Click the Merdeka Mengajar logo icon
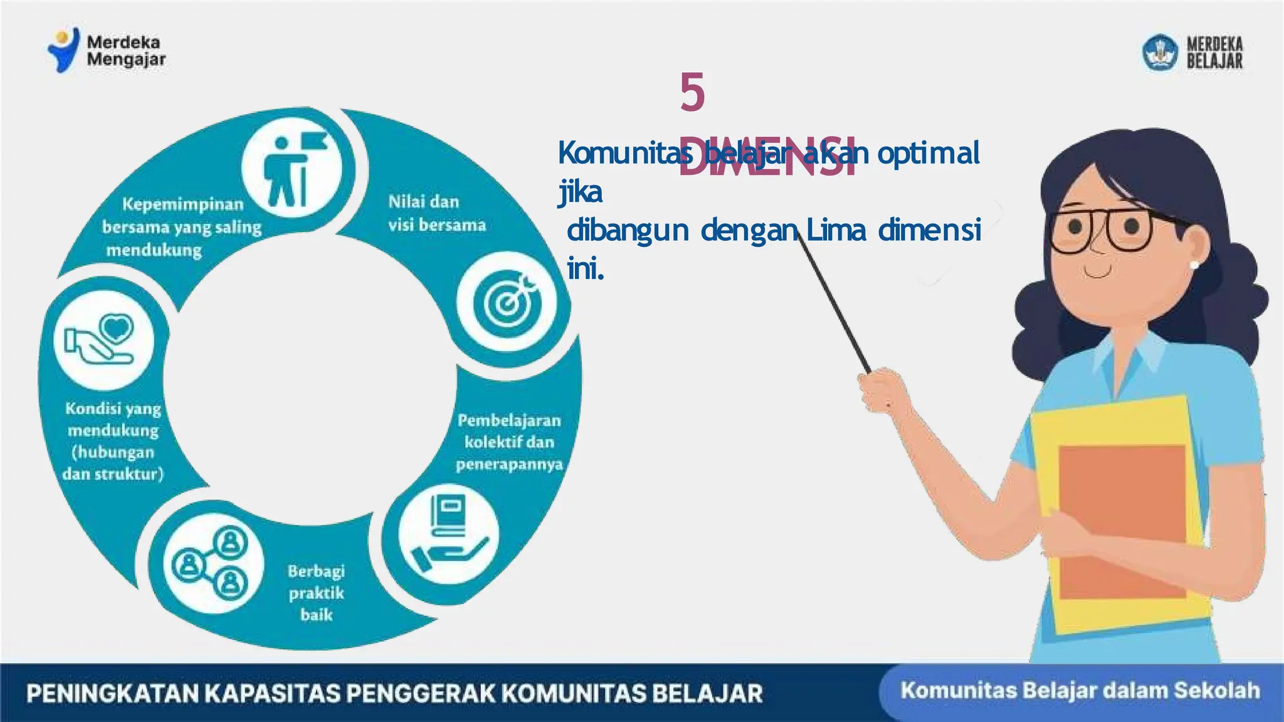click(x=64, y=50)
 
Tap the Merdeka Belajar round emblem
click(x=1160, y=52)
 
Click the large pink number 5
click(x=692, y=92)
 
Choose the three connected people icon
click(x=211, y=562)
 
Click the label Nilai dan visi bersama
click(x=436, y=213)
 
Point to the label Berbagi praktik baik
click(x=316, y=592)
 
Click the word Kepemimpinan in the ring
click(x=182, y=204)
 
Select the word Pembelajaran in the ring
click(x=509, y=420)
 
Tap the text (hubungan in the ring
click(x=113, y=452)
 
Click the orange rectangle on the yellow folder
click(x=1122, y=520)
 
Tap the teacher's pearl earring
click(x=1194, y=265)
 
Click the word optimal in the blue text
click(x=928, y=153)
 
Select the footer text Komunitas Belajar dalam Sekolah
click(x=1080, y=691)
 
